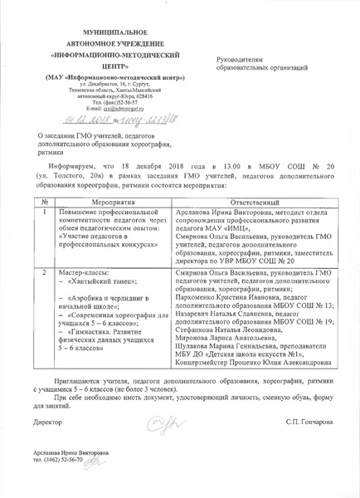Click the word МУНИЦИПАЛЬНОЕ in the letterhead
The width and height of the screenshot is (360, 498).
(105, 29)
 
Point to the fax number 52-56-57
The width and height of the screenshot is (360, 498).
(117, 102)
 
